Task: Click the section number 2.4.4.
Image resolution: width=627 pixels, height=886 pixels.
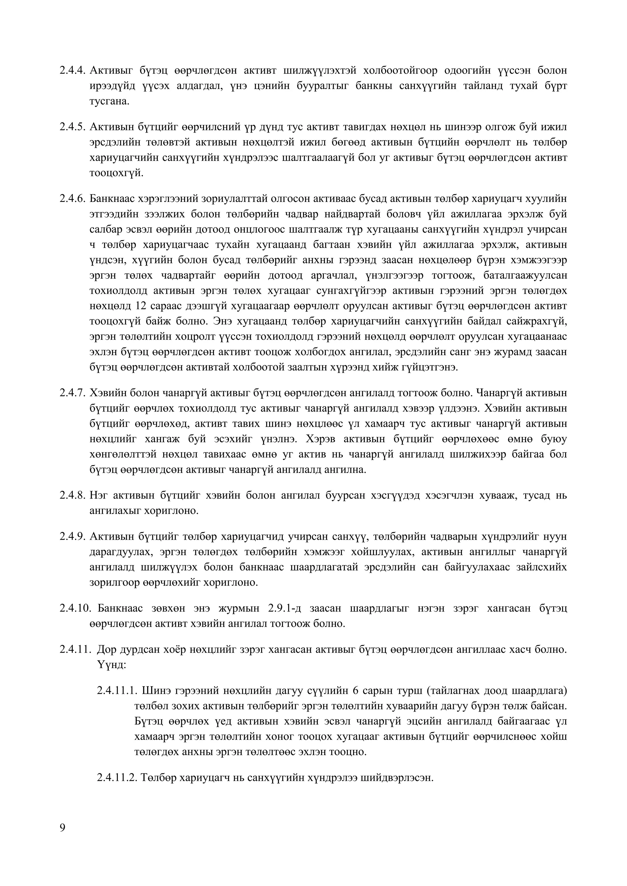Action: (72, 71)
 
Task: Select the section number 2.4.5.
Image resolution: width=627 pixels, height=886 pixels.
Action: (72, 127)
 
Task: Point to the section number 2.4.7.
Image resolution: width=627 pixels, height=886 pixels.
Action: (72, 393)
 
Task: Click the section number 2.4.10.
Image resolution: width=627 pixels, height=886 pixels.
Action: (75, 609)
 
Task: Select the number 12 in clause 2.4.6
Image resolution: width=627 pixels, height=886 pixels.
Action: (140, 306)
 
